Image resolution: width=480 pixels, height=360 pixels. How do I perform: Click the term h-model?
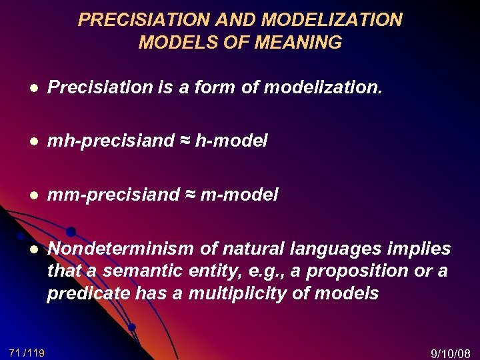tap(233, 141)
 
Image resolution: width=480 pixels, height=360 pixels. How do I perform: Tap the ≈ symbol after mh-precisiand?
tap(186, 141)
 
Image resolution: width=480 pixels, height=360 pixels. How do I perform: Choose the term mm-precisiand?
tap(114, 195)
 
